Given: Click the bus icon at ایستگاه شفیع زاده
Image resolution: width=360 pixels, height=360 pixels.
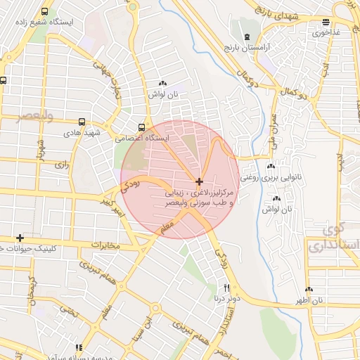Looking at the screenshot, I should (45, 12).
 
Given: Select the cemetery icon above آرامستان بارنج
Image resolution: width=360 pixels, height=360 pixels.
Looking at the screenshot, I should (246, 36).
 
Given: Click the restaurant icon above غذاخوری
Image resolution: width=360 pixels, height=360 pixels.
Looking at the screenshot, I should (324, 22).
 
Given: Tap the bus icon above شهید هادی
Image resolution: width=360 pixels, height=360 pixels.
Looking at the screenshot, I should (82, 121).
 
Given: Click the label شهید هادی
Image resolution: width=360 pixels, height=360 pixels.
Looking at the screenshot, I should (83, 131).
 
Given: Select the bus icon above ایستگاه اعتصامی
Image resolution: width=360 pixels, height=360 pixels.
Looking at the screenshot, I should (143, 127).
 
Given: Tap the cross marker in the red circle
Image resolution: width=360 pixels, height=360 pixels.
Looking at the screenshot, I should (200, 181).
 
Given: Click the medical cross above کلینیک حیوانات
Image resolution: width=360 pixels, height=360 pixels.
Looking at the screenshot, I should (20, 238).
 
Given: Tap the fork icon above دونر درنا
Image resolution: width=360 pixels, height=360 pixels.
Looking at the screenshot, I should (226, 288).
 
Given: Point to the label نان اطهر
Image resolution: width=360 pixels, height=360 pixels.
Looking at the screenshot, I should (309, 300).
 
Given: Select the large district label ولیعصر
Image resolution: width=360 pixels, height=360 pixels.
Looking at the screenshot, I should (24, 116).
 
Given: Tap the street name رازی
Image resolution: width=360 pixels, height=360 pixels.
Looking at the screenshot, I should (60, 165).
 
